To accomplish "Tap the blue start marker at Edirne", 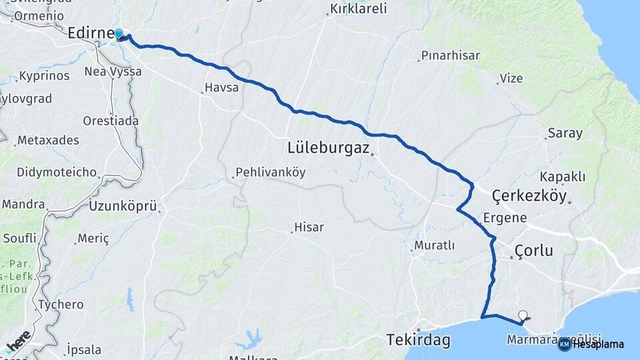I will [119, 34].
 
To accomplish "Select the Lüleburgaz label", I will [328, 147].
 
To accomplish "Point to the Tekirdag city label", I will [419, 341].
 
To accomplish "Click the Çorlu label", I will [533, 251].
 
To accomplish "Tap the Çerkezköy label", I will [529, 196].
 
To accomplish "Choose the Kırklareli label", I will [359, 11].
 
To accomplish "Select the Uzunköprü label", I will [122, 207].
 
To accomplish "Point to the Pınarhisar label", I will [451, 56].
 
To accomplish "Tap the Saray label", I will [565, 133].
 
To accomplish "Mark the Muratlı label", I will [434, 245].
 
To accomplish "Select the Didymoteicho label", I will [47, 172].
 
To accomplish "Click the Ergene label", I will [505, 218].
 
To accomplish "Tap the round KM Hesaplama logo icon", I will [565, 344].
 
